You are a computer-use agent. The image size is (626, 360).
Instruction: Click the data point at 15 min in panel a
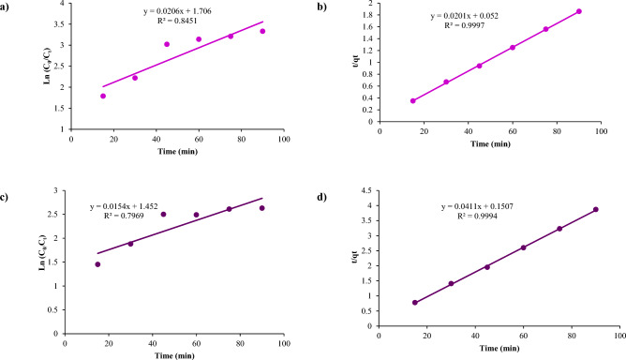[x=103, y=96]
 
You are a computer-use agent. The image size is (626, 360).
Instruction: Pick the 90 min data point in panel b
[x=579, y=11]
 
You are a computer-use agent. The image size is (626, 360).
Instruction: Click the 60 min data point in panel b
[x=513, y=47]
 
